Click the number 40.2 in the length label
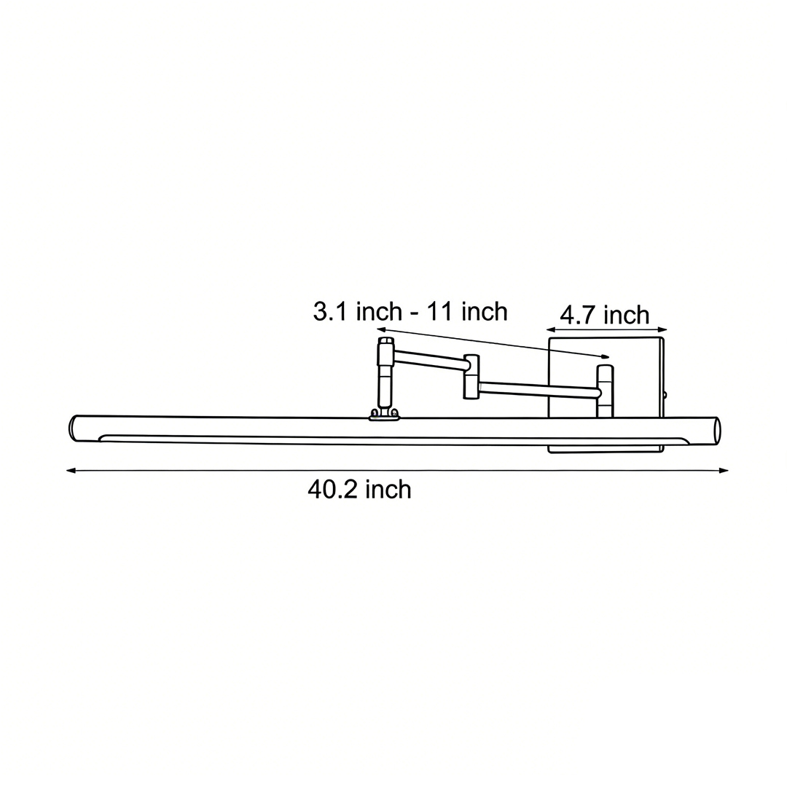point(332,490)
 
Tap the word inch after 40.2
point(388,490)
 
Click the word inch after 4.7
point(627,316)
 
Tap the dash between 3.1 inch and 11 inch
point(414,313)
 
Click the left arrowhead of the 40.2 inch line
point(71,471)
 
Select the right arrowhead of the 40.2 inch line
point(724,471)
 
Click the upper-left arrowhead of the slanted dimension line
point(381,329)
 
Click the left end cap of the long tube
point(73,428)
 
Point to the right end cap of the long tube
point(717,430)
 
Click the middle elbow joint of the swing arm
point(471,376)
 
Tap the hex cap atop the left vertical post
point(386,340)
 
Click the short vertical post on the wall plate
point(605,391)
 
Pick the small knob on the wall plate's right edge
point(665,396)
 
